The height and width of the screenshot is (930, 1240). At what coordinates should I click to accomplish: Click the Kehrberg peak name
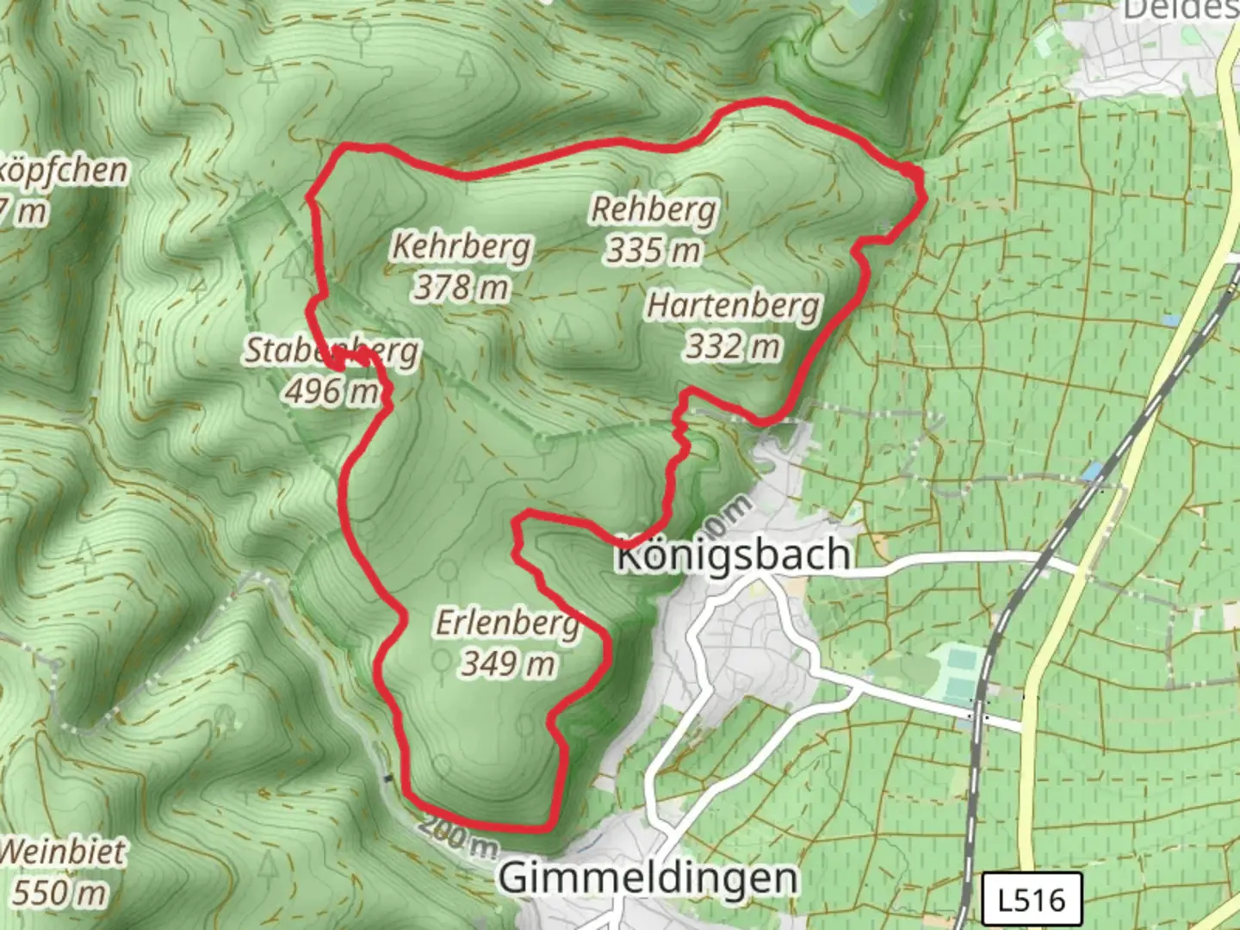(x=462, y=247)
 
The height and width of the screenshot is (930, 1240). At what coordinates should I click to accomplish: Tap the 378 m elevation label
(x=462, y=287)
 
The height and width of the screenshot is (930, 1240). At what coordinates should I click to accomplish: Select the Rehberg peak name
(x=654, y=209)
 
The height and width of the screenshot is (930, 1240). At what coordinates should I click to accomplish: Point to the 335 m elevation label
(x=654, y=251)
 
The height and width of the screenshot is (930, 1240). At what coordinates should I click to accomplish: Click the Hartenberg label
(x=734, y=306)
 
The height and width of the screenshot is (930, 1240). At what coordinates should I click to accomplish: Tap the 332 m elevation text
(x=734, y=346)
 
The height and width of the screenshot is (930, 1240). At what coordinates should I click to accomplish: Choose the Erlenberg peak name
(x=507, y=623)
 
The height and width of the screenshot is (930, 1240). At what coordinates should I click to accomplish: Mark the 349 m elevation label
(x=507, y=663)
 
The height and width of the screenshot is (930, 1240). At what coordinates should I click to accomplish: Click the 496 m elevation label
(x=332, y=392)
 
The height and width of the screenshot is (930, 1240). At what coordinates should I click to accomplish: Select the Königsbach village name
(x=734, y=555)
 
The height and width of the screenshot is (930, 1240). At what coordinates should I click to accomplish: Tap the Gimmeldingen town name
(x=648, y=878)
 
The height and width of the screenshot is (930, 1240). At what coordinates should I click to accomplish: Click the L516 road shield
(x=1032, y=901)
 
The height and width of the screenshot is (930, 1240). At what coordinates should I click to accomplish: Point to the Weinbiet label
(x=62, y=852)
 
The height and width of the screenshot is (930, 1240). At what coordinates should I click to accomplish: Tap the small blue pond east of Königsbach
(x=1093, y=472)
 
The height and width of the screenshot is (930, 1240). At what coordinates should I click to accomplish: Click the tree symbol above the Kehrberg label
(x=466, y=63)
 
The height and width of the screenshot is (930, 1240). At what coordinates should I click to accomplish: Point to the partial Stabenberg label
(x=332, y=351)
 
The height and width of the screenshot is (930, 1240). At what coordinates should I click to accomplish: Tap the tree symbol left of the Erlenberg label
(x=447, y=572)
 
